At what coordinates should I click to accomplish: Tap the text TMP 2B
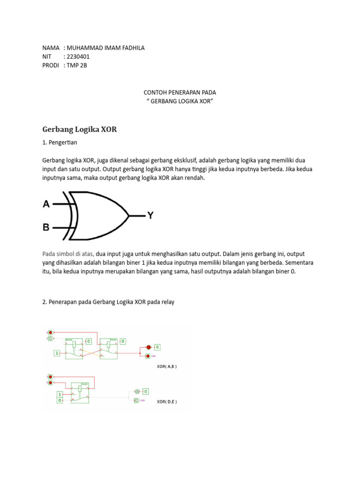pyautogui.click(x=77, y=66)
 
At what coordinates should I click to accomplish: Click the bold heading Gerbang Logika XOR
pyautogui.click(x=79, y=129)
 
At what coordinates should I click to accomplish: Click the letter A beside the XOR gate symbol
pyautogui.click(x=46, y=204)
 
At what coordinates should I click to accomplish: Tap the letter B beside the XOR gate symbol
pyautogui.click(x=46, y=228)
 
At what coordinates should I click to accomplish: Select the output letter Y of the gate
pyautogui.click(x=150, y=216)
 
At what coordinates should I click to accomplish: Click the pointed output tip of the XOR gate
pyautogui.click(x=128, y=216)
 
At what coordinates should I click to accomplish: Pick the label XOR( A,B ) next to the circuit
pyautogui.click(x=166, y=366)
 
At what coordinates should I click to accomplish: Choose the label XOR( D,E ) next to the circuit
pyautogui.click(x=166, y=402)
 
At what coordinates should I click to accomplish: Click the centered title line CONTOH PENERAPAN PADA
pyautogui.click(x=180, y=93)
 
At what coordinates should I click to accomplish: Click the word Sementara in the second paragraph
pyautogui.click(x=299, y=263)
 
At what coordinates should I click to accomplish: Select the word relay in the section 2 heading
pyautogui.click(x=167, y=302)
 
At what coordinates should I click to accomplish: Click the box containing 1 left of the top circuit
pyautogui.click(x=57, y=353)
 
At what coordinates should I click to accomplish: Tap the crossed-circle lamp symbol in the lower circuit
pyautogui.click(x=137, y=391)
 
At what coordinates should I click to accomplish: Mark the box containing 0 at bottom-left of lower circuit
pyautogui.click(x=60, y=401)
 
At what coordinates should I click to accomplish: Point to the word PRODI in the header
pyautogui.click(x=51, y=66)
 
